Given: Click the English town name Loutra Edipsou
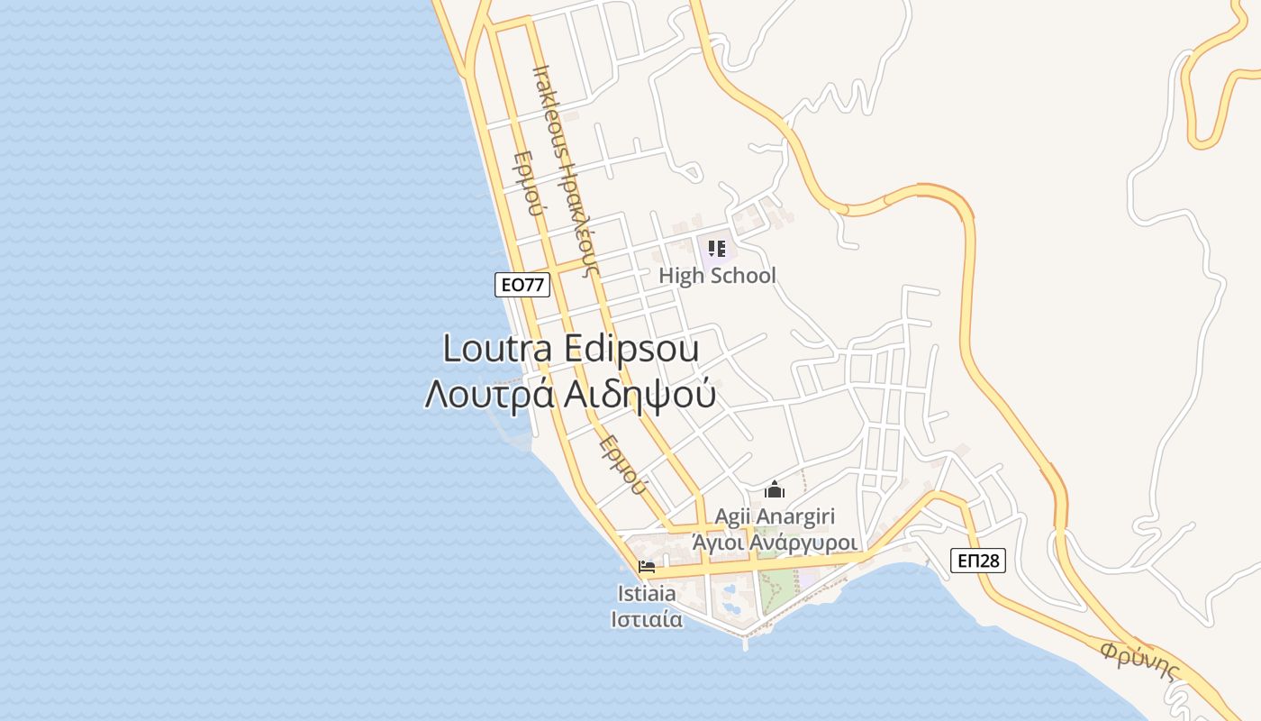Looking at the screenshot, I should (571, 349).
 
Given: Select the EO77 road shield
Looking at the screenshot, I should (522, 285).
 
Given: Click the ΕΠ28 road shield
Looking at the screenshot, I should (978, 561).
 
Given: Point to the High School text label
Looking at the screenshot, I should (717, 276).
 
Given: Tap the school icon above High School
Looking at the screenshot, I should (717, 248).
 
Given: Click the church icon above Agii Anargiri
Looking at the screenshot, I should (775, 490).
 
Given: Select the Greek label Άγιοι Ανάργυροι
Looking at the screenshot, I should (775, 543).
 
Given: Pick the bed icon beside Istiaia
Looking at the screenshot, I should (647, 567).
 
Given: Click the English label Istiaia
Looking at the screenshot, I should (647, 594).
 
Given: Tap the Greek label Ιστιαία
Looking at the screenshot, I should (647, 619).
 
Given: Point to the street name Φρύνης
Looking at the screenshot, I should (1140, 662).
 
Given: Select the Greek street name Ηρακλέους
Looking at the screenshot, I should (576, 212).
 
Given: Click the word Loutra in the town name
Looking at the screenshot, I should (498, 349).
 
